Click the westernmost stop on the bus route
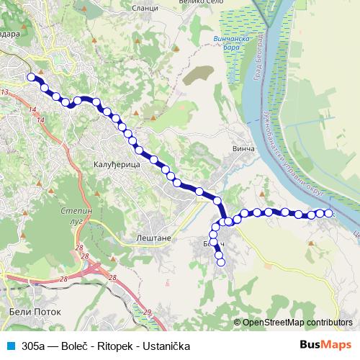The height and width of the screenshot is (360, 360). click(30, 77)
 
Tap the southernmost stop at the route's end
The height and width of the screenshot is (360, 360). click(221, 263)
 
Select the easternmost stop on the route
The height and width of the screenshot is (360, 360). click(330, 214)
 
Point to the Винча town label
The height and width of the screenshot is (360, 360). click(245, 149)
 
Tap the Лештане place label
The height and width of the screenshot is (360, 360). click(152, 236)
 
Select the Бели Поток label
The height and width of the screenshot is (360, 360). click(33, 312)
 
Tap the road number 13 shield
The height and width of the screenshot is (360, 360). click(5, 93)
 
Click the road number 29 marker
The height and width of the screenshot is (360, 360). click(148, 312)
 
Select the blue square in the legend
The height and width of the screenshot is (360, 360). click(11, 346)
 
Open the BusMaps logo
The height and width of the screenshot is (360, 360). click(326, 345)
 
